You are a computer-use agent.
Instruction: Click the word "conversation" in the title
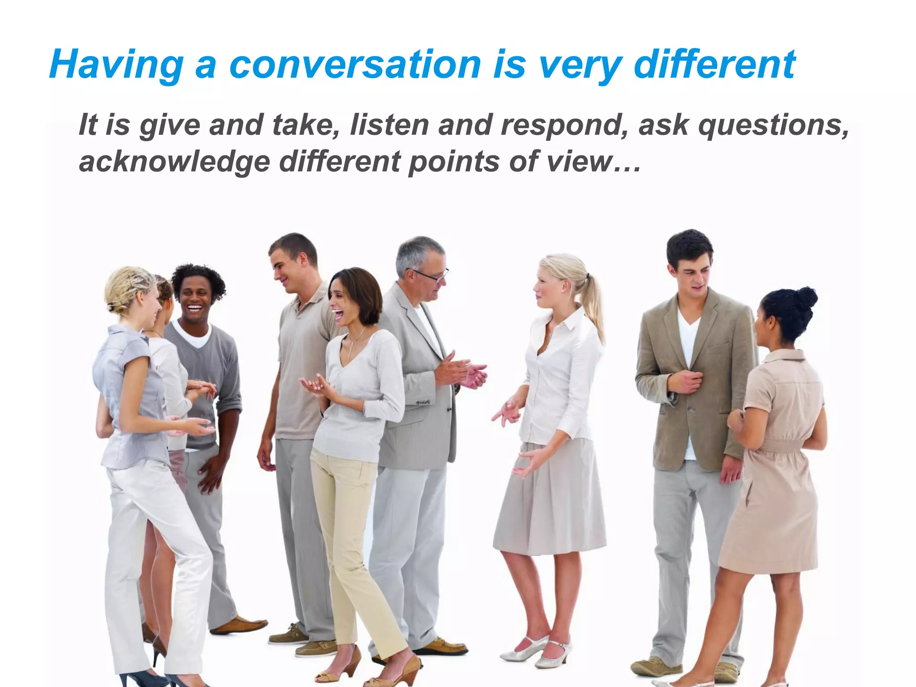click(356, 65)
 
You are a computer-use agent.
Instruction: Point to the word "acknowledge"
click(174, 162)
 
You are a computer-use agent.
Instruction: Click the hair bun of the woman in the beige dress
click(805, 297)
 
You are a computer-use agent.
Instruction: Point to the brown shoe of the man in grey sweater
click(239, 625)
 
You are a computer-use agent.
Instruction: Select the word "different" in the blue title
click(714, 65)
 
